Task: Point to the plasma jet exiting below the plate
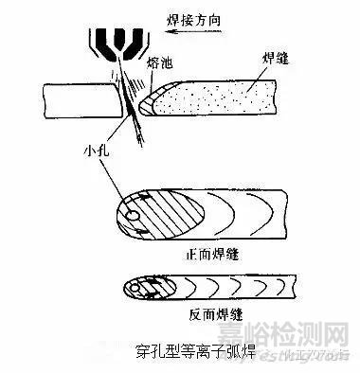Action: point(139,133)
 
